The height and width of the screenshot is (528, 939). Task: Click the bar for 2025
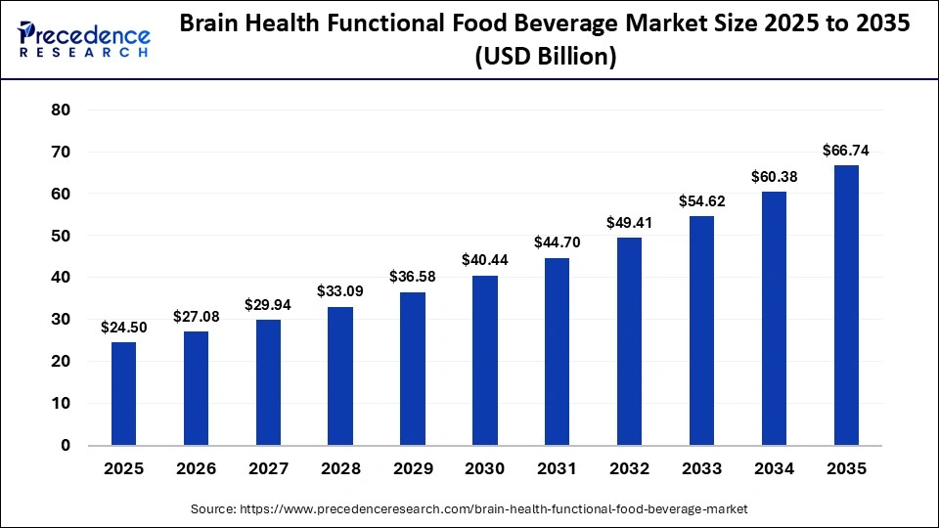pos(123,393)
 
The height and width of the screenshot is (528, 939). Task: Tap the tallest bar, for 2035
pos(846,305)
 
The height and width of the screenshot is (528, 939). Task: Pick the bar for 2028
pos(340,375)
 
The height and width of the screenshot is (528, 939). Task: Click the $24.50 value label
pos(123,328)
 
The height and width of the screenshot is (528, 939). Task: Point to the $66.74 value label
pos(846,151)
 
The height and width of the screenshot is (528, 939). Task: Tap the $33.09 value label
pos(340,291)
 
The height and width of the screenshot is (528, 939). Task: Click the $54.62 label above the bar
pos(701,200)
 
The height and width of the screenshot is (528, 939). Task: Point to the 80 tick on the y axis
pos(61,110)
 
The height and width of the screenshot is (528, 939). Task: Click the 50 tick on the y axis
pos(61,236)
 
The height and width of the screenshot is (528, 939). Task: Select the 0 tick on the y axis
pos(66,445)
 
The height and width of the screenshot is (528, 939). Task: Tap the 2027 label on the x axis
pos(268,469)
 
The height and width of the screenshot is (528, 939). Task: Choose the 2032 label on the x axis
pos(629,469)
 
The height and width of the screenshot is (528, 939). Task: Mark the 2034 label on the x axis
pos(774,469)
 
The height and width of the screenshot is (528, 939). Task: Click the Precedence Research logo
pos(84,40)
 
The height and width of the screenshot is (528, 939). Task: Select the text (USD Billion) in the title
pos(546,58)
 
